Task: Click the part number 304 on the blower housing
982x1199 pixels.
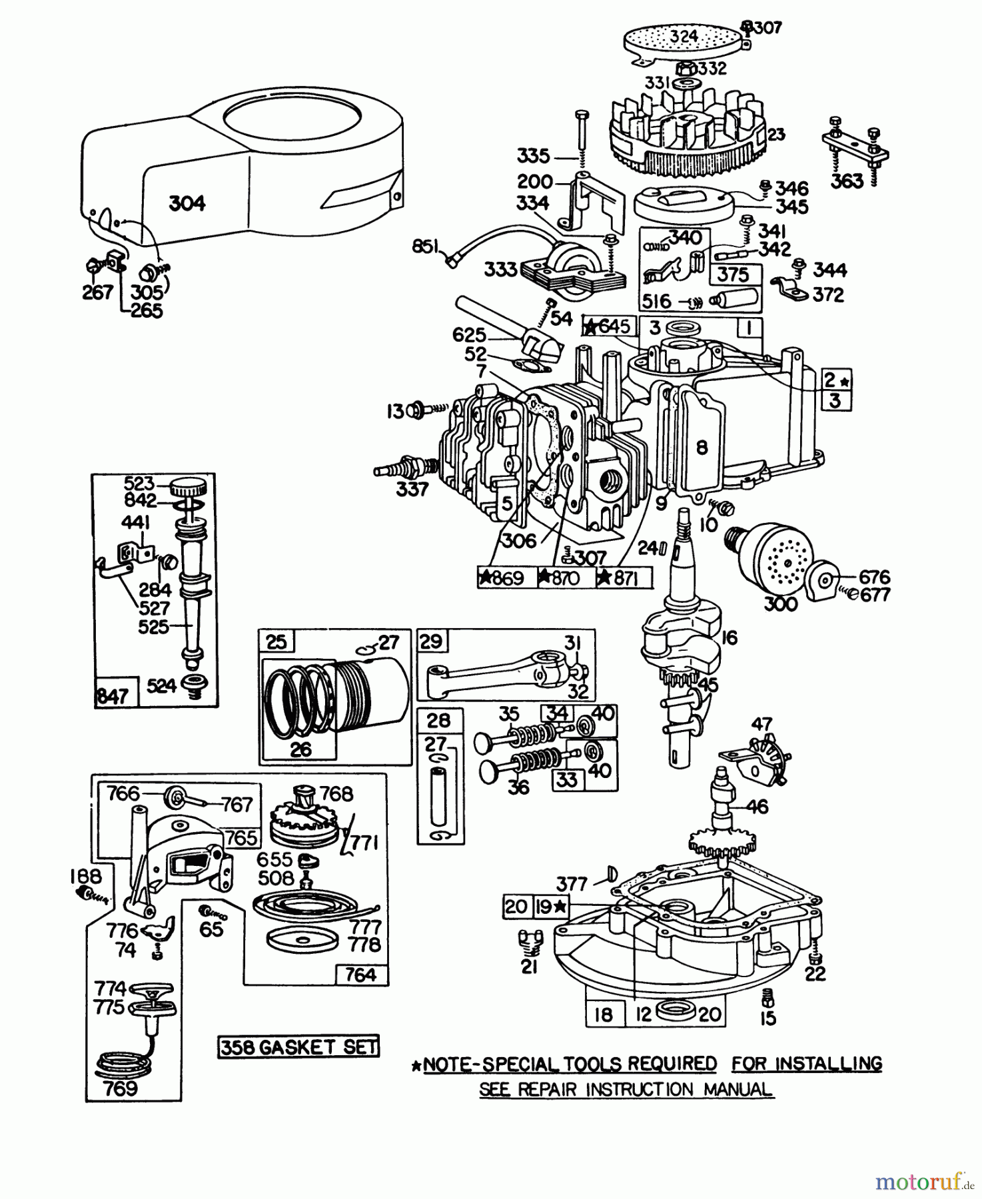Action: tap(187, 202)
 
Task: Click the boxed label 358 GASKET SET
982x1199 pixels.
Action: tap(298, 1046)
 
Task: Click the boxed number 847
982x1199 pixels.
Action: tap(112, 696)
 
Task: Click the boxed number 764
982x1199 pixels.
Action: tap(360, 975)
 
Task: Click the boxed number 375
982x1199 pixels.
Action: tap(732, 274)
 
